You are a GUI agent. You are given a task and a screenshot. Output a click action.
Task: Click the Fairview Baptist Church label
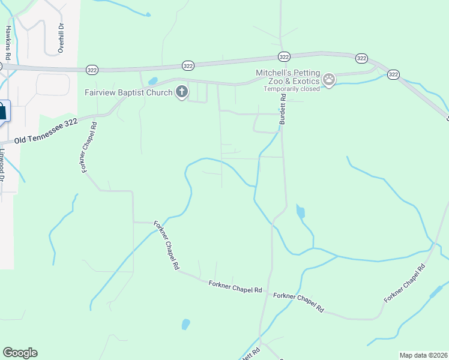click(128, 93)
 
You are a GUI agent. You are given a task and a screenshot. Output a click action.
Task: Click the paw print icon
click(329, 79)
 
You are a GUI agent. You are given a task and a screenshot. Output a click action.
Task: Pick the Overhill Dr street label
click(61, 38)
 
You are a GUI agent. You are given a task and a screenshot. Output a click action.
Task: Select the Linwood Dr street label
click(2, 165)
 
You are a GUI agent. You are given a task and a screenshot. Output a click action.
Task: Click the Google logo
click(20, 353)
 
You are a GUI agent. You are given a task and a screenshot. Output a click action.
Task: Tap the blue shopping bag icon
click(2, 111)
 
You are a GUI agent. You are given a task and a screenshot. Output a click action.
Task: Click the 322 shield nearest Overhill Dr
click(92, 69)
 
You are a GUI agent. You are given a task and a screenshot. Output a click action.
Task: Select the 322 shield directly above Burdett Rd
click(285, 56)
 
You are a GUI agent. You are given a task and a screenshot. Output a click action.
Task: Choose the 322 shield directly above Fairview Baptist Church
click(188, 65)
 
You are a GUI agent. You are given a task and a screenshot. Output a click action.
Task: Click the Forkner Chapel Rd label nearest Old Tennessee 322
click(89, 147)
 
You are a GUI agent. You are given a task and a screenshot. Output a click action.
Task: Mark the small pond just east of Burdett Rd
click(300, 212)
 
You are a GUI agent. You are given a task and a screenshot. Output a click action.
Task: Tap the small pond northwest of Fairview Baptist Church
click(152, 81)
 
